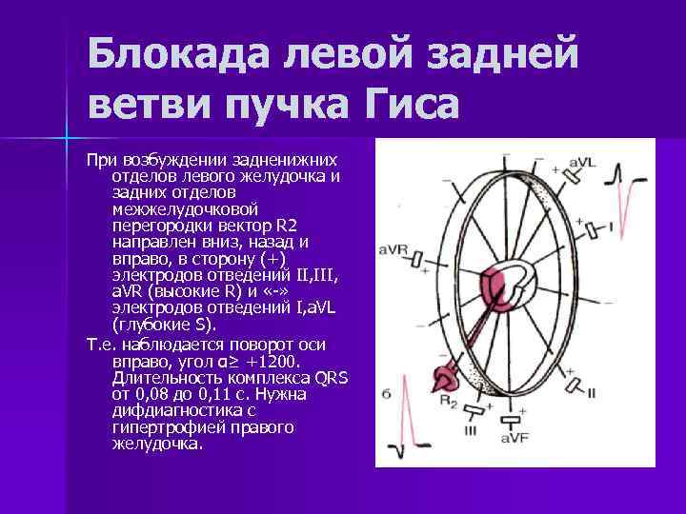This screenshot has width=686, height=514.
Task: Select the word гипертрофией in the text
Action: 159,427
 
